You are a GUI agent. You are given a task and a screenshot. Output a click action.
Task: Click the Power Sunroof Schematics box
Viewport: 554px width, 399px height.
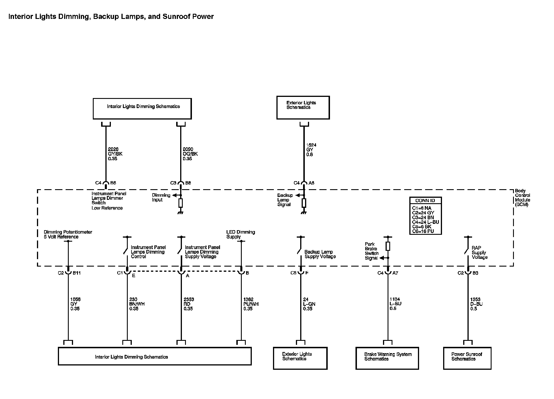click(467, 358)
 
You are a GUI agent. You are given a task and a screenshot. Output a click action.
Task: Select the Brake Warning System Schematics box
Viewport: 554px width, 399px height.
click(387, 358)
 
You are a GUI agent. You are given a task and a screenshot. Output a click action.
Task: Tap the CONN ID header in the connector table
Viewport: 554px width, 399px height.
click(425, 201)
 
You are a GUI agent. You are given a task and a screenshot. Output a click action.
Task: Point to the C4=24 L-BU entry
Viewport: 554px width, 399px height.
click(425, 222)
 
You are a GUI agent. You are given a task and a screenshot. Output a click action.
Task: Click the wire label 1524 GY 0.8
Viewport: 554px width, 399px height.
click(311, 150)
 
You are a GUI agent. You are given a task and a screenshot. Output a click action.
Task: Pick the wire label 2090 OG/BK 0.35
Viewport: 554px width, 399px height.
click(190, 154)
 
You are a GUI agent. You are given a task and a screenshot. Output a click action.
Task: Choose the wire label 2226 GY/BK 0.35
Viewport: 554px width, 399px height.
click(115, 154)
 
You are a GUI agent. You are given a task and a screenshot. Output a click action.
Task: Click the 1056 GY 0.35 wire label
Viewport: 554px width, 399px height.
click(75, 304)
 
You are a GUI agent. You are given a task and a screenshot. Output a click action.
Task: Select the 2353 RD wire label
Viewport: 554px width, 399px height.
click(188, 304)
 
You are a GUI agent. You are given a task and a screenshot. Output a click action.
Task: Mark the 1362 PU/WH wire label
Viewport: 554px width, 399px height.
click(251, 304)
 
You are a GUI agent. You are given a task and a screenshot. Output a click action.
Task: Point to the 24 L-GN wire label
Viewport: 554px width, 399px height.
click(309, 304)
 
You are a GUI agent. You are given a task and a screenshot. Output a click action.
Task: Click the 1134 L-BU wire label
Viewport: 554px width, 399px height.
click(395, 304)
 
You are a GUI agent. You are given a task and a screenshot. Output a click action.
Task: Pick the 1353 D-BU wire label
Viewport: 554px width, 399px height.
click(476, 304)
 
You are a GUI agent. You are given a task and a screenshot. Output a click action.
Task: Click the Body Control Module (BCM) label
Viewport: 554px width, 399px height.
click(522, 198)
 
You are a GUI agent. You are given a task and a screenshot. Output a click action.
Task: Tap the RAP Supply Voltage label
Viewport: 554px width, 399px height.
click(479, 253)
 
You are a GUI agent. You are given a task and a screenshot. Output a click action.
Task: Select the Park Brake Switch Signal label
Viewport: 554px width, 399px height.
click(372, 251)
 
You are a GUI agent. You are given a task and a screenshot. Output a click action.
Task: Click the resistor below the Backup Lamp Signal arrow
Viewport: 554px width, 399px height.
click(304, 203)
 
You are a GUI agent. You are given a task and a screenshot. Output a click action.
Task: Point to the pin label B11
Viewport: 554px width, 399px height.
click(76, 273)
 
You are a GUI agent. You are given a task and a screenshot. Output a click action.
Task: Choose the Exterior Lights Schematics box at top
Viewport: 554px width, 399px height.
click(303, 107)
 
